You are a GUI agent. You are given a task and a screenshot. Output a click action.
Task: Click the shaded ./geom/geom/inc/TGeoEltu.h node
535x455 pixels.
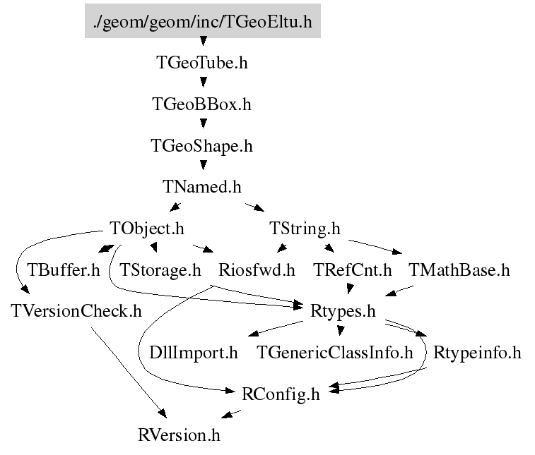click(203, 21)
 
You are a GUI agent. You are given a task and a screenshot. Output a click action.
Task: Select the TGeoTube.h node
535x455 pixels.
click(202, 63)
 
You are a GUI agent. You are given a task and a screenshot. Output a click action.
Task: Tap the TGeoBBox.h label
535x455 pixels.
click(202, 104)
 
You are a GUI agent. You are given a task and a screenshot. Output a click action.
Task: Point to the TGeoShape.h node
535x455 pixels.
click(202, 146)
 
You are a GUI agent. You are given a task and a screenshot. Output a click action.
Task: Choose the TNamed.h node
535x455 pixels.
click(202, 187)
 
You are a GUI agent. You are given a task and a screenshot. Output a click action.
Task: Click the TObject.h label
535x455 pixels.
click(147, 229)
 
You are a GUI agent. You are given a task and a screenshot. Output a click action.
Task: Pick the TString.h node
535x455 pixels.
click(305, 229)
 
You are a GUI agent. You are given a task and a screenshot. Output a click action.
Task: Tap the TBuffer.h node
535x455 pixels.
click(64, 270)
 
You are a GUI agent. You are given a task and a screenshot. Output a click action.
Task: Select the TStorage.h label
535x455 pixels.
click(160, 270)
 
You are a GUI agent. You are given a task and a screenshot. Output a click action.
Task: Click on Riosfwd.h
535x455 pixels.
click(257, 270)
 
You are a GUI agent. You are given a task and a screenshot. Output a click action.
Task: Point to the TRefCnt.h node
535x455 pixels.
click(353, 270)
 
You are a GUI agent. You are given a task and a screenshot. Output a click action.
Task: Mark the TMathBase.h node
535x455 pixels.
click(459, 270)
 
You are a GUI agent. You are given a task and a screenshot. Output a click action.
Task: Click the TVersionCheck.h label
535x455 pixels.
click(76, 311)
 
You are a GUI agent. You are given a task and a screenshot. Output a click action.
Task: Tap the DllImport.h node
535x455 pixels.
click(194, 353)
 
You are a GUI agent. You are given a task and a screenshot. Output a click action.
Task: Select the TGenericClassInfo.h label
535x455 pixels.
click(335, 353)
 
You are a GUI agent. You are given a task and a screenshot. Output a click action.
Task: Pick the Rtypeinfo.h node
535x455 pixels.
click(477, 353)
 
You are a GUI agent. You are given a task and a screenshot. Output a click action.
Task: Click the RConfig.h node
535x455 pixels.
click(281, 394)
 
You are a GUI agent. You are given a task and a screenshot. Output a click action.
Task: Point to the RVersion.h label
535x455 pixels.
click(179, 435)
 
